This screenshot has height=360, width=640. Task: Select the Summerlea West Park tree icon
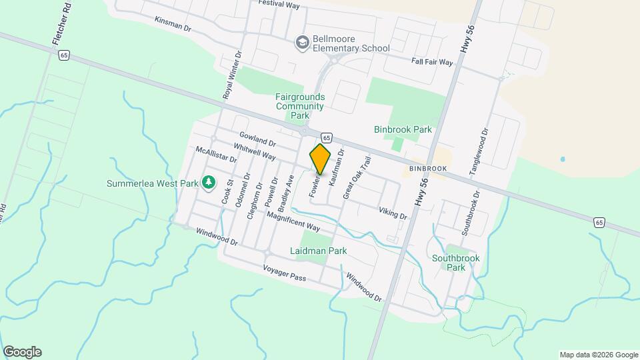(x=209, y=181)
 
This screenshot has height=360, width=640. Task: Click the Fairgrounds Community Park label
(x=300, y=105)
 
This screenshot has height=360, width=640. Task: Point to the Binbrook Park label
(x=403, y=129)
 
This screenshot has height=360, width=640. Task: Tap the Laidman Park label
(x=319, y=251)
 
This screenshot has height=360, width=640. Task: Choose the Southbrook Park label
(x=455, y=262)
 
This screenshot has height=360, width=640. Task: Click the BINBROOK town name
(x=428, y=169)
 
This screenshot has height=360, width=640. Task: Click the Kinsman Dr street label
(x=173, y=25)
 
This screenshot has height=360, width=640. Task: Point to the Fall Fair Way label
(x=432, y=62)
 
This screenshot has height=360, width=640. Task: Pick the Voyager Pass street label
(x=284, y=272)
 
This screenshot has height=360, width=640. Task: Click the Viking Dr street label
(x=393, y=213)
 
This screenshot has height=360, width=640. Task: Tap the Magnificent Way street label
(x=294, y=221)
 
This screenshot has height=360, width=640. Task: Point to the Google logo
(x=22, y=352)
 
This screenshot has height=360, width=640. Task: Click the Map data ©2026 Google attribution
(x=599, y=355)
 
